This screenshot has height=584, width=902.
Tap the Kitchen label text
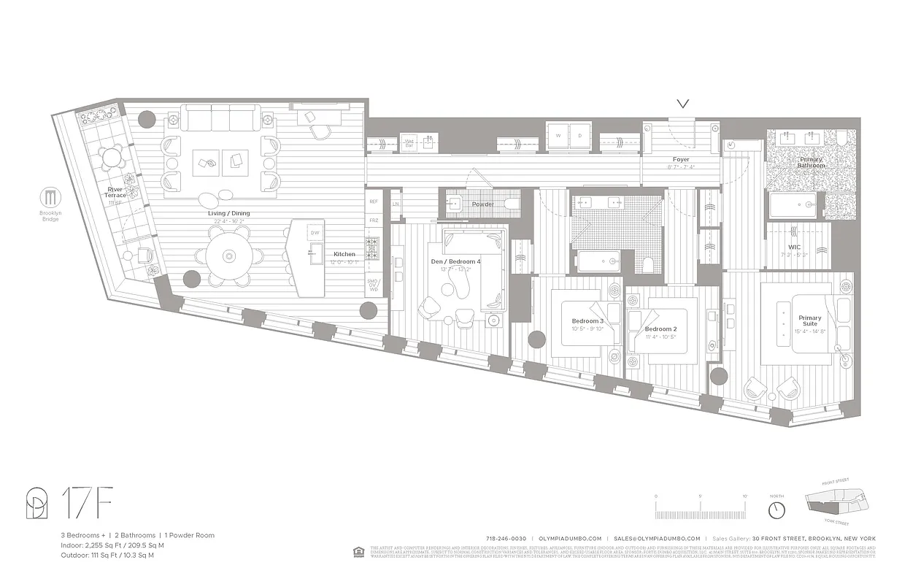(x=344, y=254)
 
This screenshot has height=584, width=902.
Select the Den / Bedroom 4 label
(x=456, y=261)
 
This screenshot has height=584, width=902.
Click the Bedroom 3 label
(x=587, y=321)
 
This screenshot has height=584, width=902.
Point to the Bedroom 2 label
(x=660, y=329)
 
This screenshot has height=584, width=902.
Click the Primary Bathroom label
(x=811, y=162)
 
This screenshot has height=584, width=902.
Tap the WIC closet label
(x=795, y=247)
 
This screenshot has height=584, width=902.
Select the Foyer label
(x=680, y=159)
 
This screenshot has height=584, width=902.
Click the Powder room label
(x=482, y=204)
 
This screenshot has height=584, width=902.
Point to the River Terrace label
(x=115, y=192)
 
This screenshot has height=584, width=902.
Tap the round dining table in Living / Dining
(x=229, y=255)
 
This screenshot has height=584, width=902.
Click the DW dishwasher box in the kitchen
(x=315, y=233)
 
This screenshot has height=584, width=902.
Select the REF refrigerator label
(x=374, y=201)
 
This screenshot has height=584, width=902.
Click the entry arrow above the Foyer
(x=683, y=105)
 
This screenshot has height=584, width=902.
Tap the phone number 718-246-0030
(x=506, y=538)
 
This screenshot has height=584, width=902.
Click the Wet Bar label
(x=410, y=143)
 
